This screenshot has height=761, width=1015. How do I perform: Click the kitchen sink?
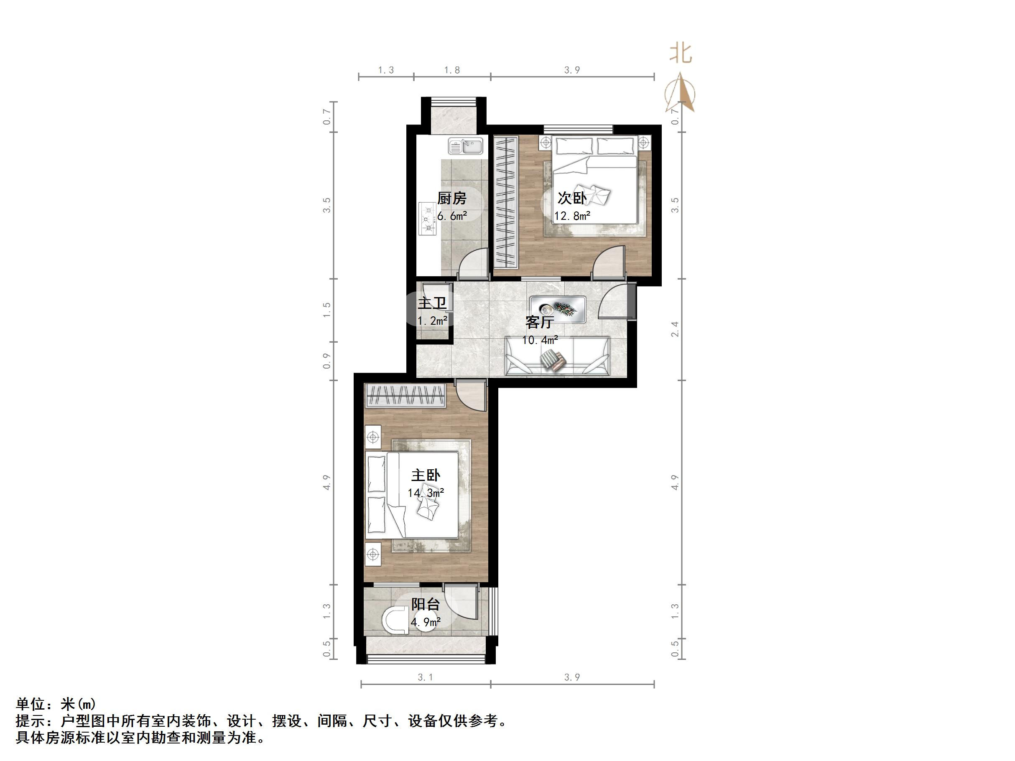coord(465,146)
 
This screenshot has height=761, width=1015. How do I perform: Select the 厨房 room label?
coord(451,198)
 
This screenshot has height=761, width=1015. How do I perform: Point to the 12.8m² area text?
coord(572,216)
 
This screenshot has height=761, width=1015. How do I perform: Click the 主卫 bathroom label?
coord(432,303)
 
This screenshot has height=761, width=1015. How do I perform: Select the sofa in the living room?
coord(557,356)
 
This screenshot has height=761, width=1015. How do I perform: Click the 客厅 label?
coord(539,323)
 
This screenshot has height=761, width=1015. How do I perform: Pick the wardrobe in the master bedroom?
coord(405,395)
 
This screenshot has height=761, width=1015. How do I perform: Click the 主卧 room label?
coord(426,475)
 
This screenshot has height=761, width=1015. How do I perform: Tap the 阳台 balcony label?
coord(426,604)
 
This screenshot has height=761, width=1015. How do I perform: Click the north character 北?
coord(680,53)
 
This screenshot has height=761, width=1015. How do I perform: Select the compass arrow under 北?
coord(681,94)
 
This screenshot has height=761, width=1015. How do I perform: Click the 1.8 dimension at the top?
coord(452,70)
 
